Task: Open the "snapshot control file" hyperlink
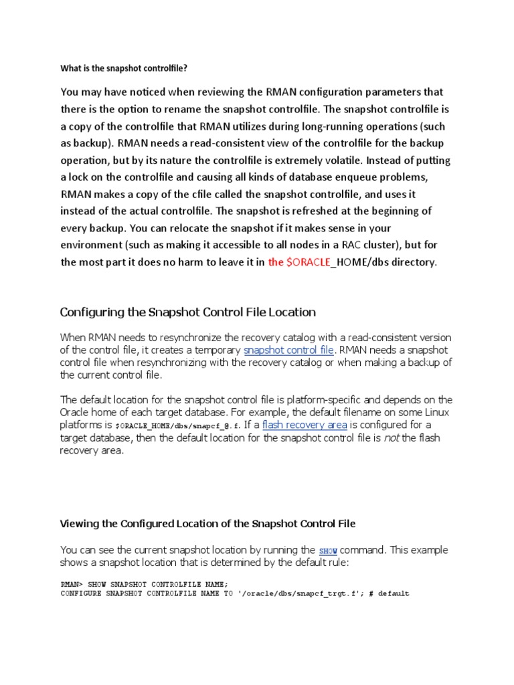click(288, 350)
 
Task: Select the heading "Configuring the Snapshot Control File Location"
click(188, 312)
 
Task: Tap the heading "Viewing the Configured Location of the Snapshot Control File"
click(208, 523)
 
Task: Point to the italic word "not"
click(391, 438)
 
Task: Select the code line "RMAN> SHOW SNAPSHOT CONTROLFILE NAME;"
click(144, 583)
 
